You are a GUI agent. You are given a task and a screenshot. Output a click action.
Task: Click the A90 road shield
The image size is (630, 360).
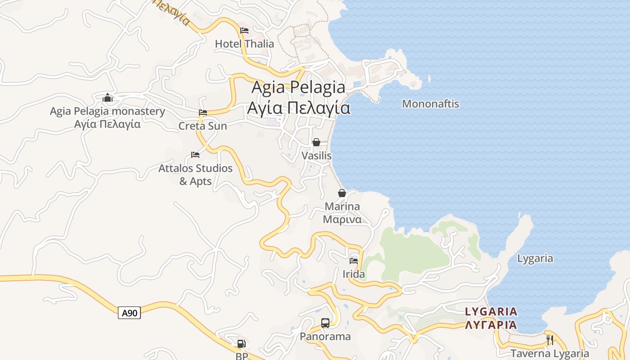click(130, 313)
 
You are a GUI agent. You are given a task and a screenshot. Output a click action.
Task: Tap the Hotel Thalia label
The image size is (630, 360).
click(244, 44)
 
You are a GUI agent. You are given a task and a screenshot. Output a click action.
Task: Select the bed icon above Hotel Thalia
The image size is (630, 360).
click(244, 31)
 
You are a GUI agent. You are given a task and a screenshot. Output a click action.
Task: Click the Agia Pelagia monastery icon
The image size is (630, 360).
click(108, 98)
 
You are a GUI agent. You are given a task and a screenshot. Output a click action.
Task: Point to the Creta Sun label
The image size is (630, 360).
click(202, 126)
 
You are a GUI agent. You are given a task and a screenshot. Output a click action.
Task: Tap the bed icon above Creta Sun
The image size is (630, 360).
click(203, 112)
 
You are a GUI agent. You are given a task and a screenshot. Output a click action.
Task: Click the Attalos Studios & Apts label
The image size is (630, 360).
click(195, 175)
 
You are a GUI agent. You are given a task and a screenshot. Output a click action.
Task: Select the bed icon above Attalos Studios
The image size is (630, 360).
click(195, 154)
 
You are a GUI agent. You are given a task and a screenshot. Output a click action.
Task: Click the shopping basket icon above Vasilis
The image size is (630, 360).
click(316, 142)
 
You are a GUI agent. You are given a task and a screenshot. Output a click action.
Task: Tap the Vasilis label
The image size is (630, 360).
click(316, 156)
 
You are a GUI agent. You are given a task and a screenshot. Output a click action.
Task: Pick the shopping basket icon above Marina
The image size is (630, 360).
click(342, 193)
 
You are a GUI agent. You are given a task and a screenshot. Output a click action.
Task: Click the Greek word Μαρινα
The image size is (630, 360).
click(342, 220)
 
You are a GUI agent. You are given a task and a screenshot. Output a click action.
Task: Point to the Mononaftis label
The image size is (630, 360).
click(431, 104)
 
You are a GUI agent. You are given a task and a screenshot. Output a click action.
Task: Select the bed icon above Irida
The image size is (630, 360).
click(354, 261)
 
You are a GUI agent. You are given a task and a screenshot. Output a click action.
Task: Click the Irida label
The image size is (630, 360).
click(354, 274)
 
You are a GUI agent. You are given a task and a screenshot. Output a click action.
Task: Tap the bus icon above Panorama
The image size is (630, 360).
click(325, 323)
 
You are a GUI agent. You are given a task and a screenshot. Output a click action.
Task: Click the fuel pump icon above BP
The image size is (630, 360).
click(242, 344)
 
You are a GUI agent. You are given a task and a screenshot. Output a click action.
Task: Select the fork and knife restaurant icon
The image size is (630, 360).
click(550, 340)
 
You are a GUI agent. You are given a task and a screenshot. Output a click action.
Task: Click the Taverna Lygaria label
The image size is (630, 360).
click(550, 354)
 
